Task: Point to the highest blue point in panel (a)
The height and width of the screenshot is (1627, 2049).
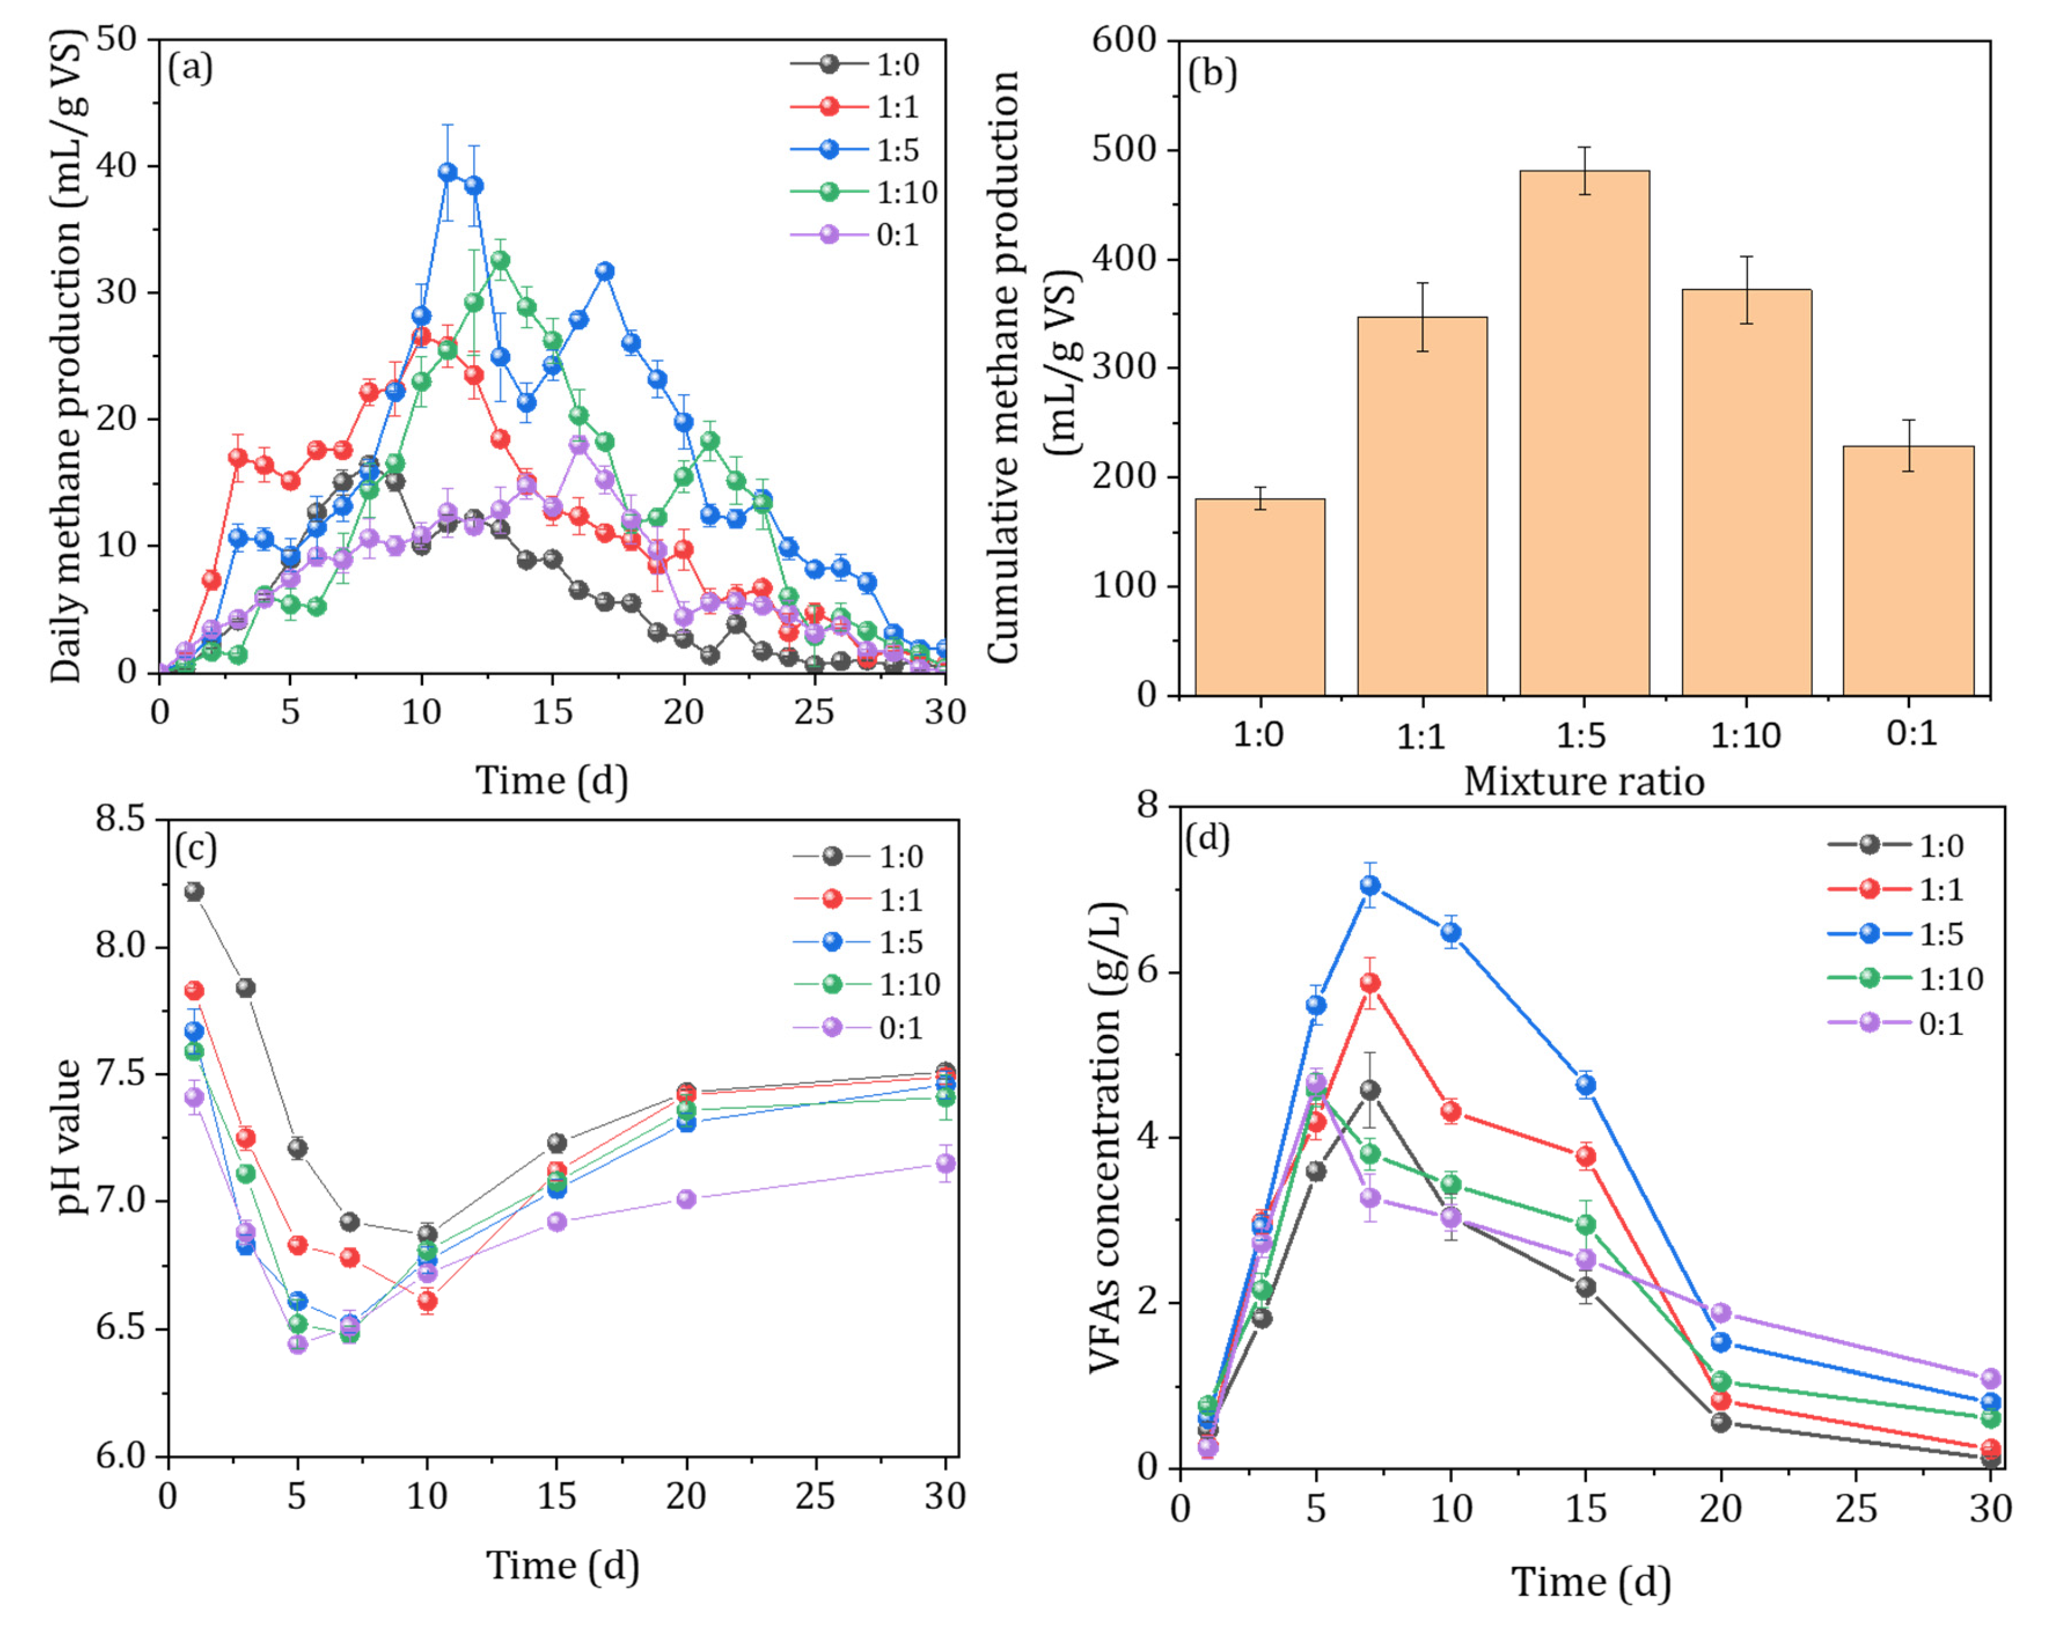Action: [x=448, y=172]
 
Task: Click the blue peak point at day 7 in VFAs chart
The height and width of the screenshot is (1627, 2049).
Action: [x=1369, y=885]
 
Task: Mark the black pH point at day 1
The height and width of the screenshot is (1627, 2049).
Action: [x=194, y=891]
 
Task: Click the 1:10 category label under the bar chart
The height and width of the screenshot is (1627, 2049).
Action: [x=1745, y=734]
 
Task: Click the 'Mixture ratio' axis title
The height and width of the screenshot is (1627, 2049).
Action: [x=1584, y=781]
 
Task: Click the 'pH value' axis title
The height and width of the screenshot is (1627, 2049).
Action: [x=67, y=1137]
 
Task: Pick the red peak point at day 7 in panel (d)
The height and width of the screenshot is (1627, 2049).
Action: [x=1369, y=983]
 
